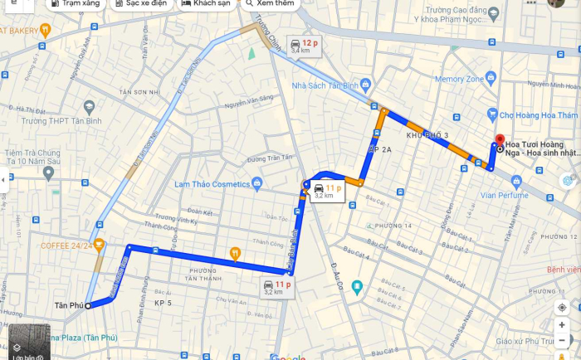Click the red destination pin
coord(499,140)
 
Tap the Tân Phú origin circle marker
coord(88,306)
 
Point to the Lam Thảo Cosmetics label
coord(212,183)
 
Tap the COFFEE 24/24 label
coord(66,245)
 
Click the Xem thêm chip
coord(270,4)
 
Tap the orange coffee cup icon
coord(100,244)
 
